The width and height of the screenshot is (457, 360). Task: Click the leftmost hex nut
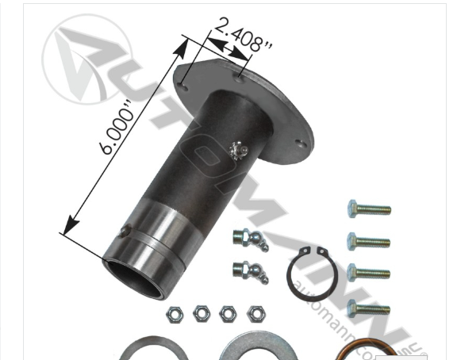175,315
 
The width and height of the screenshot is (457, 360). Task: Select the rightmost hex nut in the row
255,314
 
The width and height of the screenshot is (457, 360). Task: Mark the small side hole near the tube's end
125,231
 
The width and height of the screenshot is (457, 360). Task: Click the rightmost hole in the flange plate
299,144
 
